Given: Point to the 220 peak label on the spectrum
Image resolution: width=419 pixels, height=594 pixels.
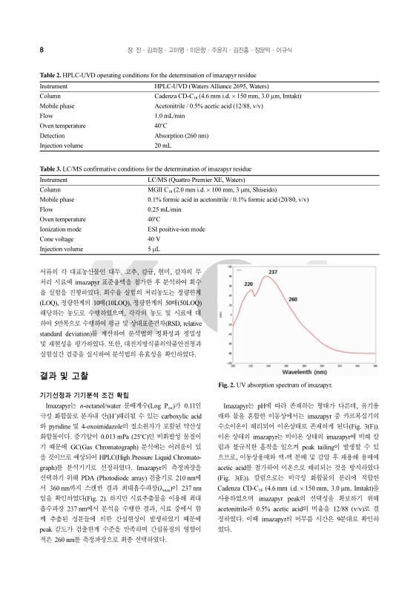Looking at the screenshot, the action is (249, 284).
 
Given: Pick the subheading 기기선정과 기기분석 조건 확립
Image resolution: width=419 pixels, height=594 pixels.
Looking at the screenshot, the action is (92, 394).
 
